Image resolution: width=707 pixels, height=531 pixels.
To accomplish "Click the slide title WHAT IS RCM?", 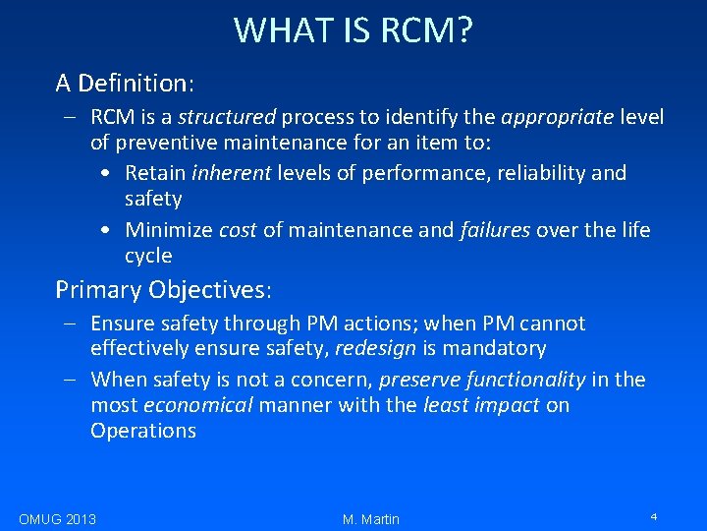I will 353,30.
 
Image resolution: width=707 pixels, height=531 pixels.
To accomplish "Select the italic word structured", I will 227,118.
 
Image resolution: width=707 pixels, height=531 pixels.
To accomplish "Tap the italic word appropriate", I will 557,118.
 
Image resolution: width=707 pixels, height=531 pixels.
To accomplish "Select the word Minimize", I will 168,230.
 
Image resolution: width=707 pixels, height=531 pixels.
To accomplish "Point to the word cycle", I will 148,257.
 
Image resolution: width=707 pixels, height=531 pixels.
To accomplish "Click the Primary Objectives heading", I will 164,290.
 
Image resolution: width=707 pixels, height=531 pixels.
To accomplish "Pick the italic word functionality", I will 524,380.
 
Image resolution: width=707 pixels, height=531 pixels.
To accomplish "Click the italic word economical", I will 197,405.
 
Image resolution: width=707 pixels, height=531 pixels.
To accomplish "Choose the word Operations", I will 143,431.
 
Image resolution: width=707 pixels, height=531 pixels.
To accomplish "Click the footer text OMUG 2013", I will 57,519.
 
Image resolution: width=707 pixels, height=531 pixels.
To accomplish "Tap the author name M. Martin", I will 371,519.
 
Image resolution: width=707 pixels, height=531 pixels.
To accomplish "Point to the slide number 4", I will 653,516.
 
